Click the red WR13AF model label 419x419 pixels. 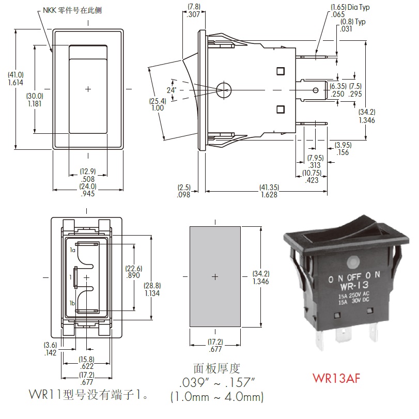(336, 378)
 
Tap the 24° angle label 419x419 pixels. (172, 90)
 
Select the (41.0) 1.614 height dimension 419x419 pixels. (15, 79)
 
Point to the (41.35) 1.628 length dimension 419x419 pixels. (269, 191)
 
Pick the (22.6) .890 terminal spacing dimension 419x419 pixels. (134, 272)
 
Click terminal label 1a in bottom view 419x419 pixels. (73, 250)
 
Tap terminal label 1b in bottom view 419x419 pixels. (72, 303)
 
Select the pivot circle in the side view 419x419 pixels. (224, 89)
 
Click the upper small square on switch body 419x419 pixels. (281, 71)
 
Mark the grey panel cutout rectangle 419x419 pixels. (215, 276)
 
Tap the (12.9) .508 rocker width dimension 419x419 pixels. (88, 175)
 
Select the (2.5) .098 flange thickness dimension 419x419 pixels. (184, 191)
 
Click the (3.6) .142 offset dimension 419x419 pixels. (51, 349)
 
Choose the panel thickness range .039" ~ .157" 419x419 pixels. (216, 382)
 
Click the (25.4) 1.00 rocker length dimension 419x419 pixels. (158, 104)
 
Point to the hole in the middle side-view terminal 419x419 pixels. (316, 90)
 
